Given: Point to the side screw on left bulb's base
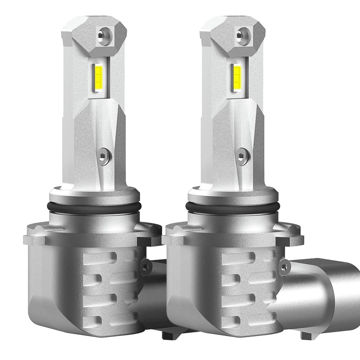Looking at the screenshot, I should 145,267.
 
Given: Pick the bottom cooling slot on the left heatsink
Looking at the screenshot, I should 96,320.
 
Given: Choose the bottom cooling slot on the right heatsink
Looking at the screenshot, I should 234,320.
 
